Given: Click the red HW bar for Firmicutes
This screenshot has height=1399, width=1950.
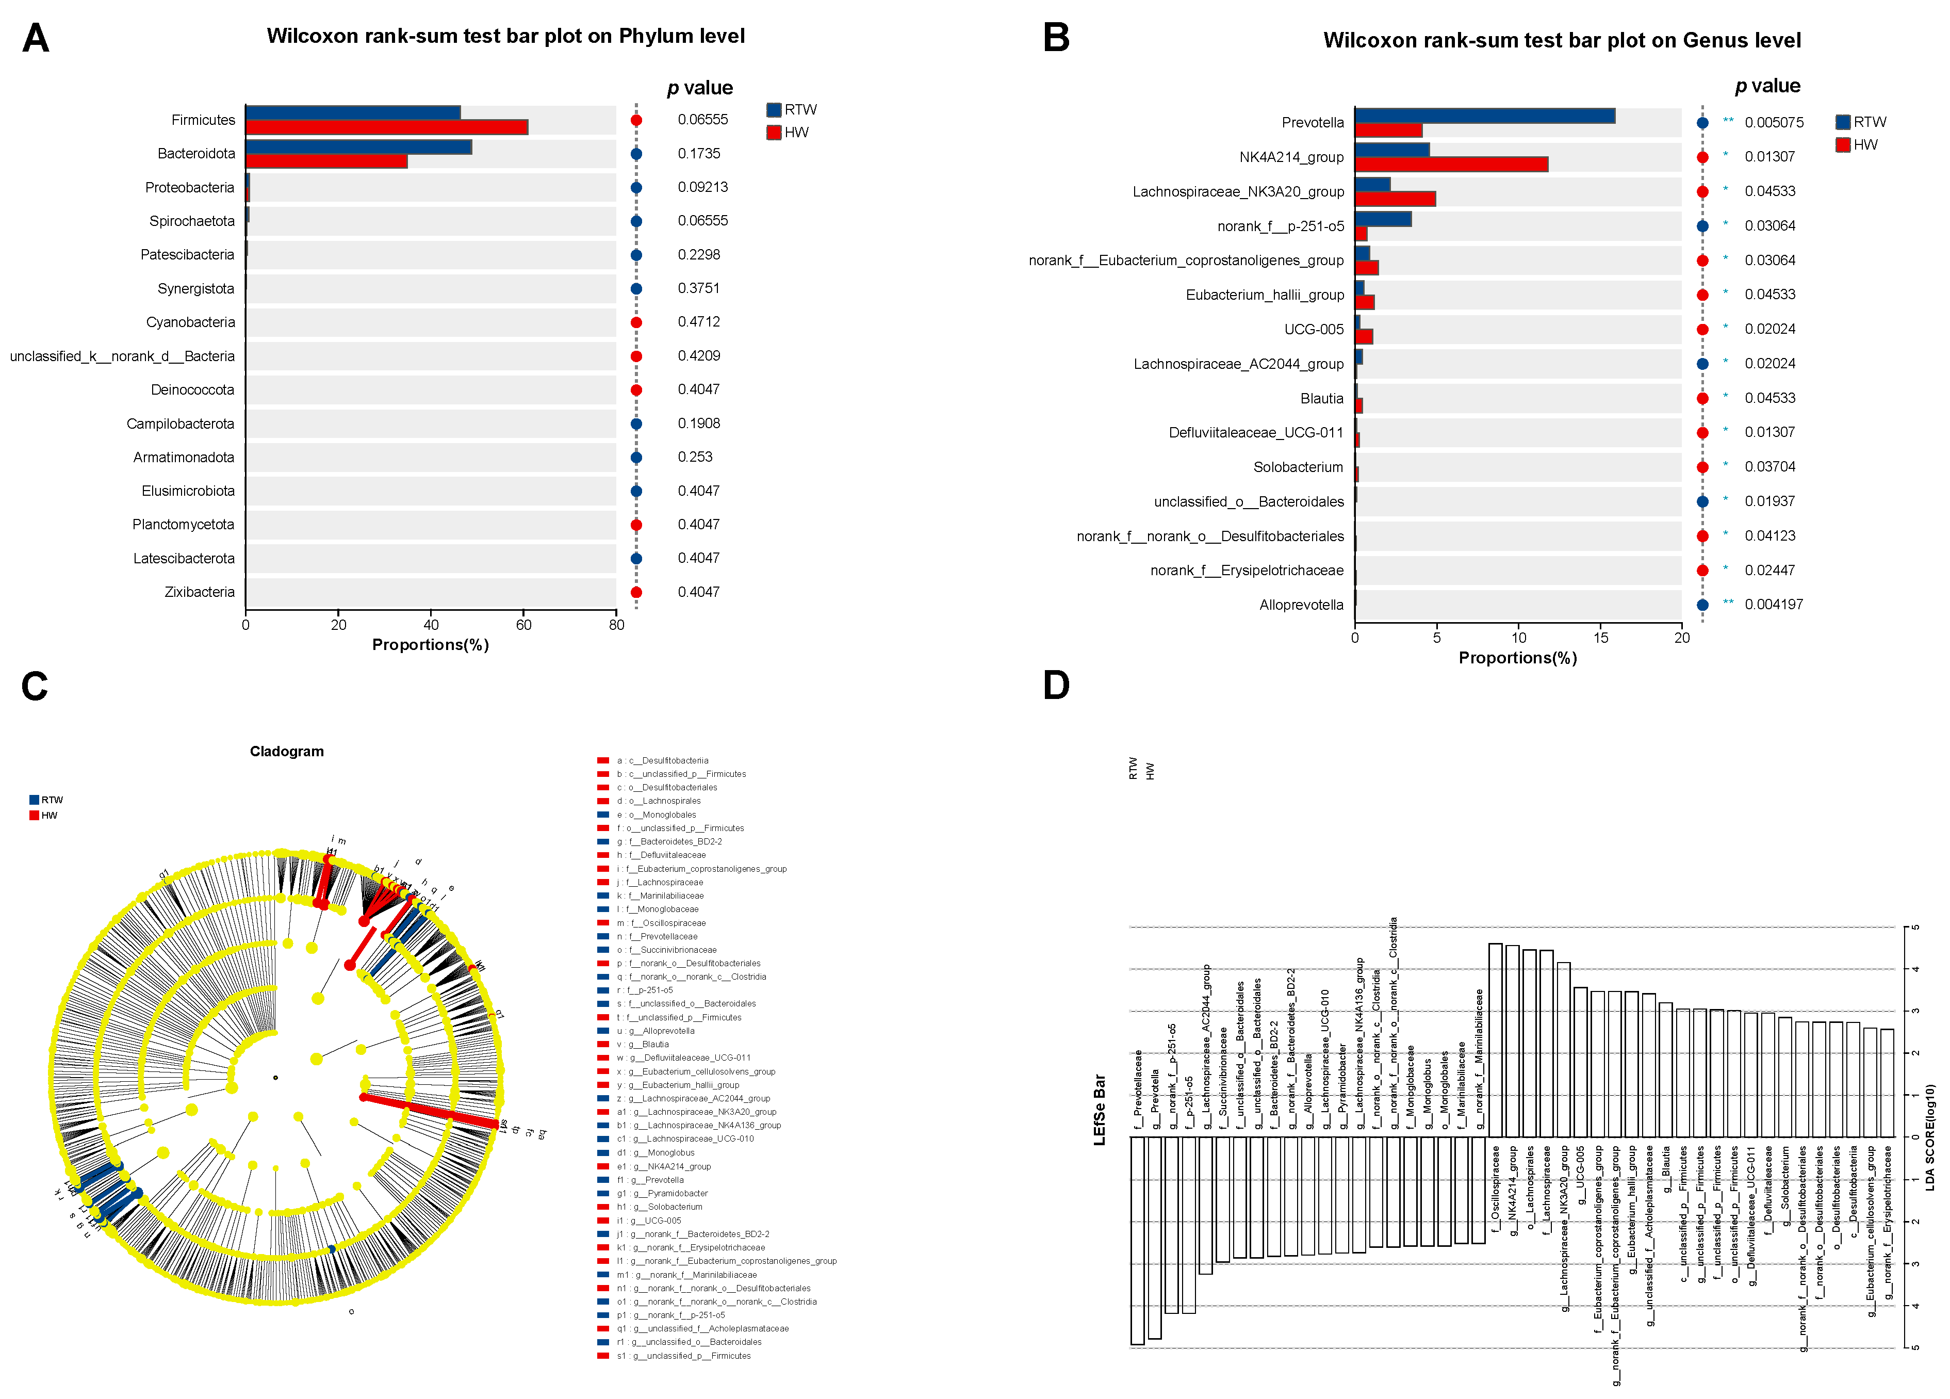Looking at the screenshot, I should tap(387, 127).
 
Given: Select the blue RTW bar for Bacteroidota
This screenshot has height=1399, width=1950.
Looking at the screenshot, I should tap(358, 147).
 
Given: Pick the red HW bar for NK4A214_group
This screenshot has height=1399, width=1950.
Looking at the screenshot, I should tap(1451, 164).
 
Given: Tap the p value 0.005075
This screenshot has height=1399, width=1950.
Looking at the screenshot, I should tap(1774, 123).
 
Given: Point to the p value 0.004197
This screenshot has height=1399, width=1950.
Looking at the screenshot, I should tap(1773, 605).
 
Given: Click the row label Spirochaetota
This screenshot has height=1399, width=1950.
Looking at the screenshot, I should tap(192, 221).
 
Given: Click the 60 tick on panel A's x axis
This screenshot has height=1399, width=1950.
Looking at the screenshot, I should tap(523, 625).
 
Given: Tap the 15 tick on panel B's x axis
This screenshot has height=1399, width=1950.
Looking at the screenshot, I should tap(1600, 638).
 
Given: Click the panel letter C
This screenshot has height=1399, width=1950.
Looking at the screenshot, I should tap(35, 686).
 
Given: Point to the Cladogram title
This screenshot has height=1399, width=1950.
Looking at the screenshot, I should tap(286, 752).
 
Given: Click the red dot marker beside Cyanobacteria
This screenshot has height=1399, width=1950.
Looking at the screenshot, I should tap(636, 322).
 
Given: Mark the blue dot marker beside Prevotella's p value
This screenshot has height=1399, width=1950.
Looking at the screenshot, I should tap(1702, 123).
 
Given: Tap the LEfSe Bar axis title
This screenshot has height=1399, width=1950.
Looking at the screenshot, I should tap(1099, 1109).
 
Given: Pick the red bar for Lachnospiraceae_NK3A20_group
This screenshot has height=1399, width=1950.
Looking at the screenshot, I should tap(1395, 199).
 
